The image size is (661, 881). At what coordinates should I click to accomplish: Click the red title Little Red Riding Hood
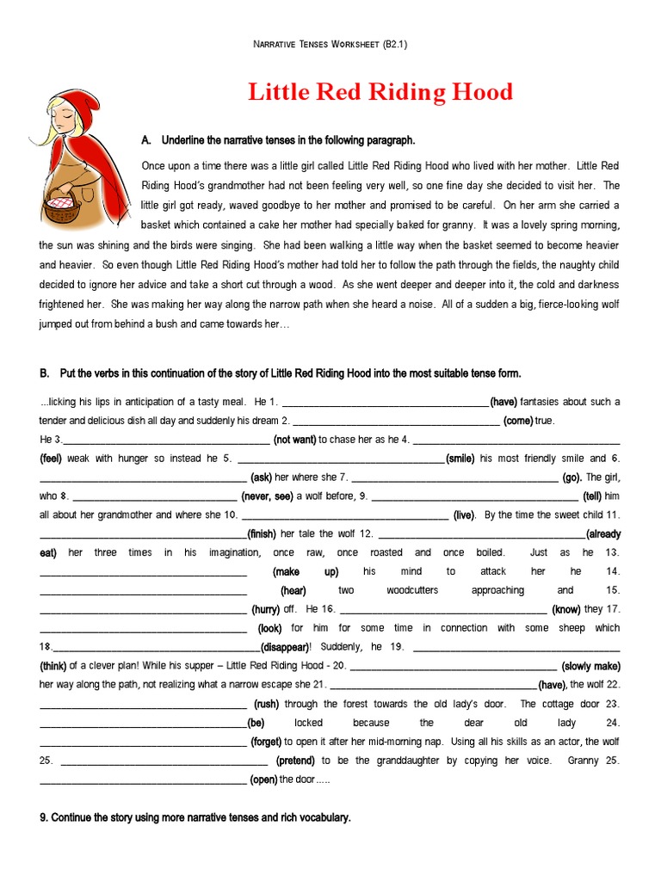click(x=380, y=92)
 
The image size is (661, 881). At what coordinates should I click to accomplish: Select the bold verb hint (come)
click(x=518, y=421)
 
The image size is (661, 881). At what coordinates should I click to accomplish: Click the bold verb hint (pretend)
click(x=296, y=761)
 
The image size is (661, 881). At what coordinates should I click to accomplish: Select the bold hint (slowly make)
click(x=590, y=666)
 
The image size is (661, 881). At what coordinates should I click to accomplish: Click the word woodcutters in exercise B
click(x=412, y=590)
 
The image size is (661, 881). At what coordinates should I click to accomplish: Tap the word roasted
click(x=386, y=552)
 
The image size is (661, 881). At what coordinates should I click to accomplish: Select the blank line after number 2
click(x=397, y=422)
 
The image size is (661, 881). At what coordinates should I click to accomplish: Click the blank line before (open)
click(x=143, y=780)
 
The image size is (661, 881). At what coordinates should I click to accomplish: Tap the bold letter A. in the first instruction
click(x=145, y=140)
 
